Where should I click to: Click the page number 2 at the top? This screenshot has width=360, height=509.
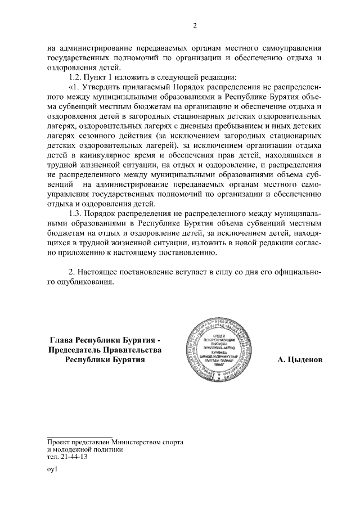coord(195,25)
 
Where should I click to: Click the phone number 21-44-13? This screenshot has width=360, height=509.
coord(71,457)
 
